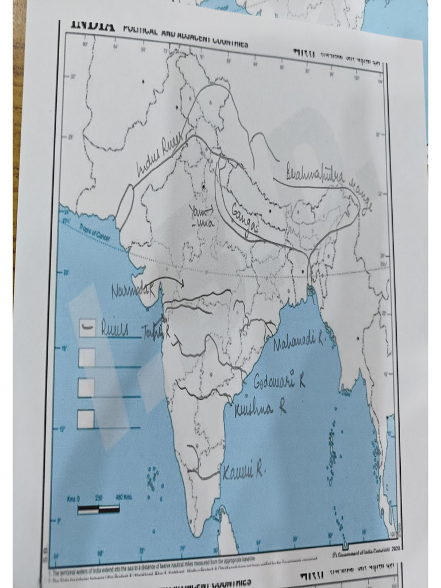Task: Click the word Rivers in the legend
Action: pyautogui.click(x=115, y=328)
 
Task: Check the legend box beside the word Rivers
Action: pyautogui.click(x=87, y=328)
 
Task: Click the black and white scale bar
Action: pyautogui.click(x=98, y=509)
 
